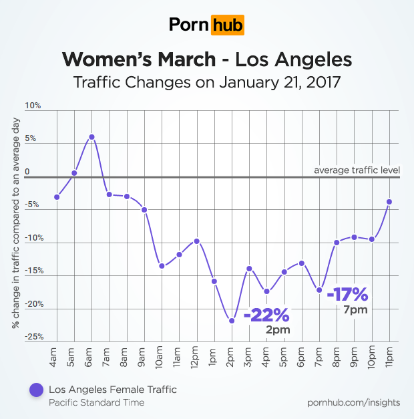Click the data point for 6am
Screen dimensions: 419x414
coord(91,137)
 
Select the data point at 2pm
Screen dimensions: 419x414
coord(232,321)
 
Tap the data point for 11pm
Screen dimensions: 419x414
coord(389,202)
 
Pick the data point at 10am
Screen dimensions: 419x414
coord(162,266)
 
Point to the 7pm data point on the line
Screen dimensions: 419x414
coord(319,290)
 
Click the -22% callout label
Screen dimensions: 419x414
coord(266,315)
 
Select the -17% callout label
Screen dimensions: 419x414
coord(347,294)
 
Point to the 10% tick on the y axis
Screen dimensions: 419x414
coord(33,106)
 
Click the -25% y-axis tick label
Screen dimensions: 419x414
coord(33,337)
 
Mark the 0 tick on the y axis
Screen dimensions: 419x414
coord(27,172)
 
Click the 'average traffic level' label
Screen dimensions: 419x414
coord(357,170)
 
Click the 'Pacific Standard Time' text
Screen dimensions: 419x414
coord(96,403)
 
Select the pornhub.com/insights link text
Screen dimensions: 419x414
coord(354,402)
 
